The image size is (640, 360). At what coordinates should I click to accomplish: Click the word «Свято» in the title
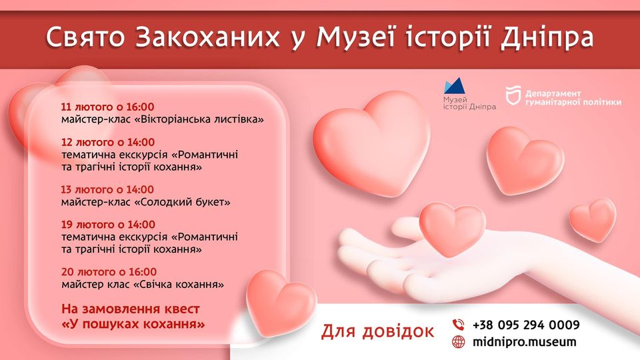(85, 37)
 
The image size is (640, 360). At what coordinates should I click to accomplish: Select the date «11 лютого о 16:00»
(108, 107)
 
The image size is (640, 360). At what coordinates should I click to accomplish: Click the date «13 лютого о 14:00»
(108, 189)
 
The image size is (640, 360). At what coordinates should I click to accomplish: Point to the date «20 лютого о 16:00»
(109, 272)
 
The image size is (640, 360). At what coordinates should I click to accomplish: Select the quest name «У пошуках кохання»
(133, 325)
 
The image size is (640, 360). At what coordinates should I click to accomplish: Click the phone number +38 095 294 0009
(526, 325)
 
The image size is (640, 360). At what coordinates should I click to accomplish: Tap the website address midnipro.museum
(525, 341)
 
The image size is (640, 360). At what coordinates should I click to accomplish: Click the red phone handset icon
(459, 325)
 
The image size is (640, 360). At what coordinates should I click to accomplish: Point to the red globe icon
(459, 341)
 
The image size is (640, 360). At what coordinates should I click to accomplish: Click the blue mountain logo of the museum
(454, 86)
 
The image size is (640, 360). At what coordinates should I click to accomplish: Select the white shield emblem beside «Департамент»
(513, 95)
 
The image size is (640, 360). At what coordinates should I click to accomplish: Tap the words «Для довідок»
(377, 331)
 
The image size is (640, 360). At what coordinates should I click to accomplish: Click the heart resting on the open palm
(452, 229)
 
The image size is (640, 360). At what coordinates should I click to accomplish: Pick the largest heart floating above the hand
(371, 143)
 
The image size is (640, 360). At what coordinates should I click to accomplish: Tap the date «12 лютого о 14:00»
(108, 142)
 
